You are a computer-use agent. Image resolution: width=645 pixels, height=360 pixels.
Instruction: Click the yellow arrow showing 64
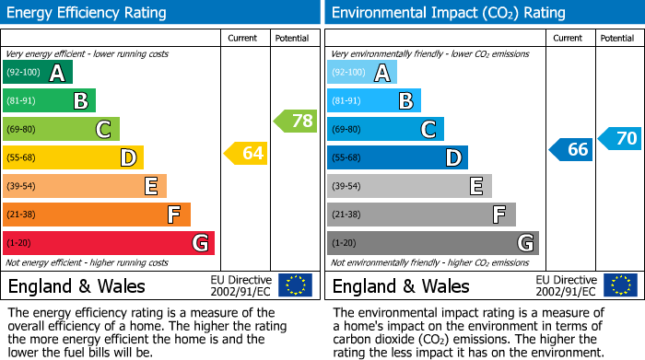click(246, 153)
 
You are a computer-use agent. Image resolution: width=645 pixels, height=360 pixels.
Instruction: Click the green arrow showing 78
click(296, 121)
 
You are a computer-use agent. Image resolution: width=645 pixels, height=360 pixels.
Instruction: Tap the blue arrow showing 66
click(571, 149)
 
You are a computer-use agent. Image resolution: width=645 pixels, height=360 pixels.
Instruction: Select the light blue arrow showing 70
click(619, 139)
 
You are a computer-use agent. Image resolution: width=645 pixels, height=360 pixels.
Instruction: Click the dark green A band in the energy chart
click(38, 73)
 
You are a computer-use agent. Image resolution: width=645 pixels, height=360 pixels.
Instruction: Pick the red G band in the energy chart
click(109, 243)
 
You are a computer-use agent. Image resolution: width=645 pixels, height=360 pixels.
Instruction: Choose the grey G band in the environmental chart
click(432, 243)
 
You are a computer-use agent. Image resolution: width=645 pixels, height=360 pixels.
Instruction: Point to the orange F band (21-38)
click(97, 215)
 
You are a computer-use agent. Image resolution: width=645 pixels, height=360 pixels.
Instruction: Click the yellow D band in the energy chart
click(74, 157)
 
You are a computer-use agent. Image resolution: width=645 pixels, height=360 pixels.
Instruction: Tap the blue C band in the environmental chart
click(385, 129)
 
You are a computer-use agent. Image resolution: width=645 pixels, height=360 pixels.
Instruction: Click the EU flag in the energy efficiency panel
click(295, 285)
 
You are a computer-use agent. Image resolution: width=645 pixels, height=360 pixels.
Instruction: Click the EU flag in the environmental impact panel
click(619, 285)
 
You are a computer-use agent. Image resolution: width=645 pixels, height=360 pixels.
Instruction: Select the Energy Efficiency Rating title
click(88, 13)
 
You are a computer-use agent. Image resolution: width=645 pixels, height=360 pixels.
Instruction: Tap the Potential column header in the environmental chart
click(616, 38)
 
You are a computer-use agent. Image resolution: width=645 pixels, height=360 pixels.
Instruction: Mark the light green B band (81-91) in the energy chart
click(49, 101)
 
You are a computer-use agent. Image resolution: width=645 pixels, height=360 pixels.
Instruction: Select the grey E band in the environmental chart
click(409, 186)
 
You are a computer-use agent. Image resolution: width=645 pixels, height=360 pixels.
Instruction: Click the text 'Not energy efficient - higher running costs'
click(88, 262)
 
